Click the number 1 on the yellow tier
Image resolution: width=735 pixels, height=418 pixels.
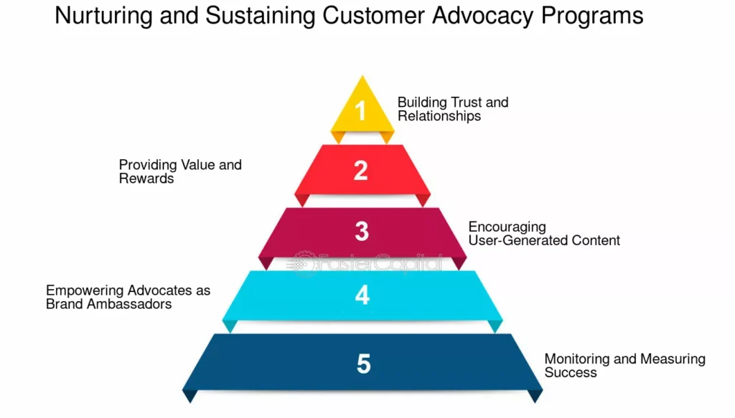[x=361, y=111]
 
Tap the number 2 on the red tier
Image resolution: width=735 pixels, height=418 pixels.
[x=361, y=170]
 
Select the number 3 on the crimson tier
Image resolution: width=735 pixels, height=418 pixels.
[x=362, y=232]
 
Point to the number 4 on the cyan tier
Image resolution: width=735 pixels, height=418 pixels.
[x=362, y=295]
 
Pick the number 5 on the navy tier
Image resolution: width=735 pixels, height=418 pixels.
[x=363, y=364]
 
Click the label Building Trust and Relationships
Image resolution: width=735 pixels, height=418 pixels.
[x=453, y=109]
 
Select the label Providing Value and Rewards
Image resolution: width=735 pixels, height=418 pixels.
[x=180, y=171]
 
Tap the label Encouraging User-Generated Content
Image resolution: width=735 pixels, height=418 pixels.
[x=544, y=234]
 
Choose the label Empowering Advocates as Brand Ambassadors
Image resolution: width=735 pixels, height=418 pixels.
[x=128, y=297]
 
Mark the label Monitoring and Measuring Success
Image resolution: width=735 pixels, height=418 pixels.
[x=624, y=365]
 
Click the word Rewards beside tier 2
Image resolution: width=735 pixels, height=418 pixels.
[x=146, y=179]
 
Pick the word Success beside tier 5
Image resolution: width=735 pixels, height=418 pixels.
[x=571, y=372]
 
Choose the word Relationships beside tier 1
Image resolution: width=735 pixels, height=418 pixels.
[x=439, y=116]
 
